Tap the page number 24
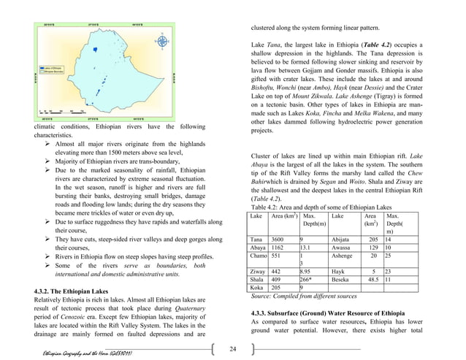tap(232, 349)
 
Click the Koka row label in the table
tap(256, 288)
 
